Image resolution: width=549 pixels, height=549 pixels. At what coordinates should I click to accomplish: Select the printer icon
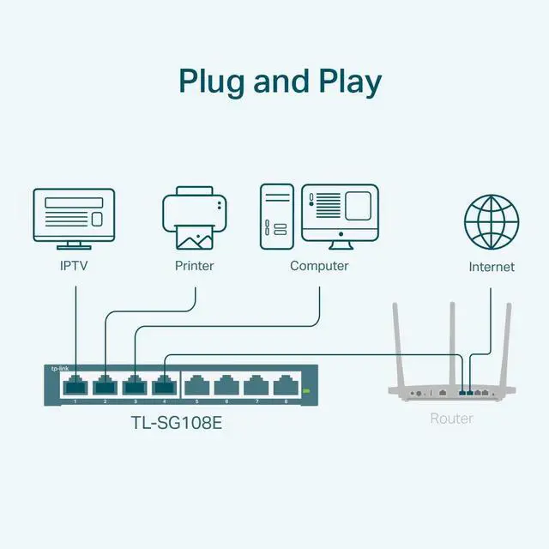[x=195, y=220]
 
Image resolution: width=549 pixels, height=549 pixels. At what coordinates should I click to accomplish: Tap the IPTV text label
[x=73, y=266]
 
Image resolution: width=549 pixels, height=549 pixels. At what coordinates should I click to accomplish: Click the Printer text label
[x=195, y=266]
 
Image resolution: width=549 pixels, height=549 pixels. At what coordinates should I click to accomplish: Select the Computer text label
[x=319, y=266]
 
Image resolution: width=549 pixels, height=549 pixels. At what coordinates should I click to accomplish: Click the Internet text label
[x=492, y=267]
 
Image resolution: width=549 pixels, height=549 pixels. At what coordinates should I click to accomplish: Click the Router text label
[x=451, y=419]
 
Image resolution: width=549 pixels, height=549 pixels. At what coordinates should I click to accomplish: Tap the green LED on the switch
[x=305, y=391]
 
